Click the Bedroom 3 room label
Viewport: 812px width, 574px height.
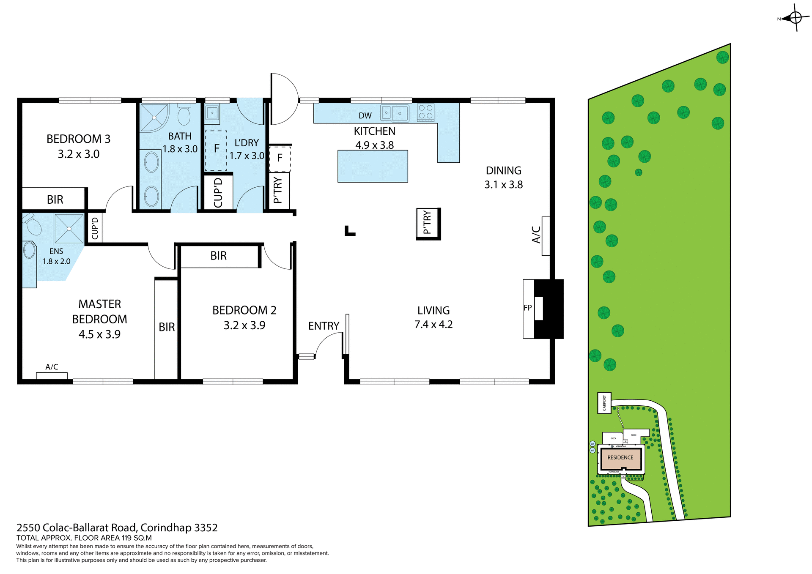click(78, 139)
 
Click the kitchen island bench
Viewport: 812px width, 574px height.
click(373, 166)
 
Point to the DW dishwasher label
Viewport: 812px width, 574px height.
click(365, 116)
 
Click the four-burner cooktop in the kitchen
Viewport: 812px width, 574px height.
click(425, 112)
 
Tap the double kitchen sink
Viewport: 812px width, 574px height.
click(395, 113)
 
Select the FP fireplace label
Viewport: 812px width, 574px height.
click(527, 308)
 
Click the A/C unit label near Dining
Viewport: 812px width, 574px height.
click(536, 235)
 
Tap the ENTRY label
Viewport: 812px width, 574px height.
click(324, 326)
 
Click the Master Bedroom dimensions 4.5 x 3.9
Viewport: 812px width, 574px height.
click(99, 334)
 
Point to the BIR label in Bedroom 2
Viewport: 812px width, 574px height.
click(218, 256)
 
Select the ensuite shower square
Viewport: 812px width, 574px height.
click(69, 229)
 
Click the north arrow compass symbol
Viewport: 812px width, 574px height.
click(795, 18)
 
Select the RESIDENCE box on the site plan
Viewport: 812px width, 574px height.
click(620, 458)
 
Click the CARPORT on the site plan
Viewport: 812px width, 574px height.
click(604, 403)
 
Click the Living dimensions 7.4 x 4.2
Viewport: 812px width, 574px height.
click(433, 324)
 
